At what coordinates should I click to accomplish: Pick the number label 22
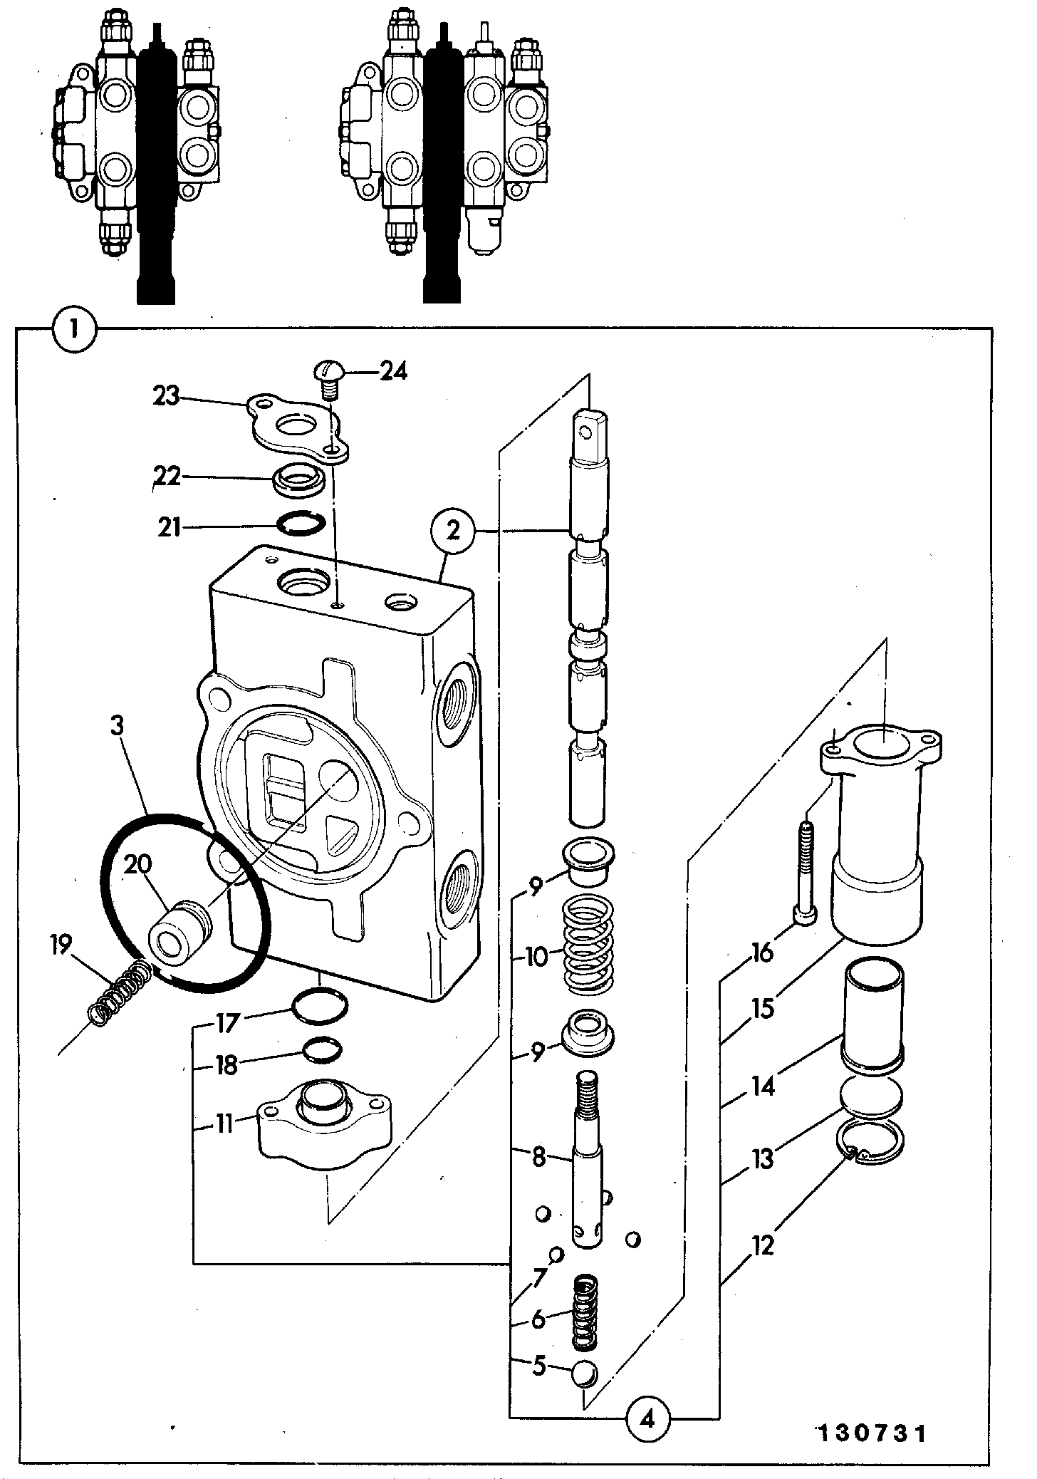pyautogui.click(x=168, y=477)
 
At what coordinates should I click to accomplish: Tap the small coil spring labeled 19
pyautogui.click(x=120, y=992)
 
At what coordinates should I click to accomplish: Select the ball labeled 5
pyautogui.click(x=584, y=1368)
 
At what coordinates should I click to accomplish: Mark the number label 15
pyautogui.click(x=762, y=1008)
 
